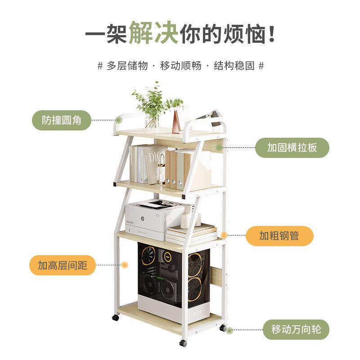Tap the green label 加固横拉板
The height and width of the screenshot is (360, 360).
click(x=292, y=148)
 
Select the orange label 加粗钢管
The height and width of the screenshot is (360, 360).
click(x=279, y=235)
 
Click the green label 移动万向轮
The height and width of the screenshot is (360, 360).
click(x=296, y=329)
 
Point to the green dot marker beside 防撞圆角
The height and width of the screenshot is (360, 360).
click(x=118, y=120)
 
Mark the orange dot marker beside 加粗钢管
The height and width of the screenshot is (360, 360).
click(x=224, y=235)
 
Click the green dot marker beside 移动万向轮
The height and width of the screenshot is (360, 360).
click(x=229, y=330)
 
